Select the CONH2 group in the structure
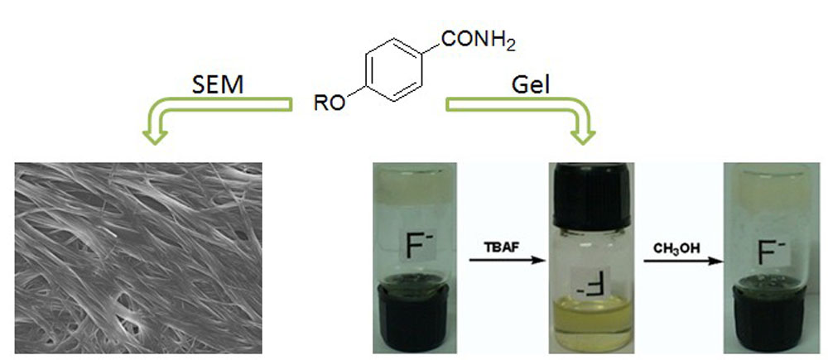(478, 41)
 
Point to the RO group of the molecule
(330, 103)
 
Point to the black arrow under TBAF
(507, 261)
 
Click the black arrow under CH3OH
(683, 261)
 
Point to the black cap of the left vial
(415, 319)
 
